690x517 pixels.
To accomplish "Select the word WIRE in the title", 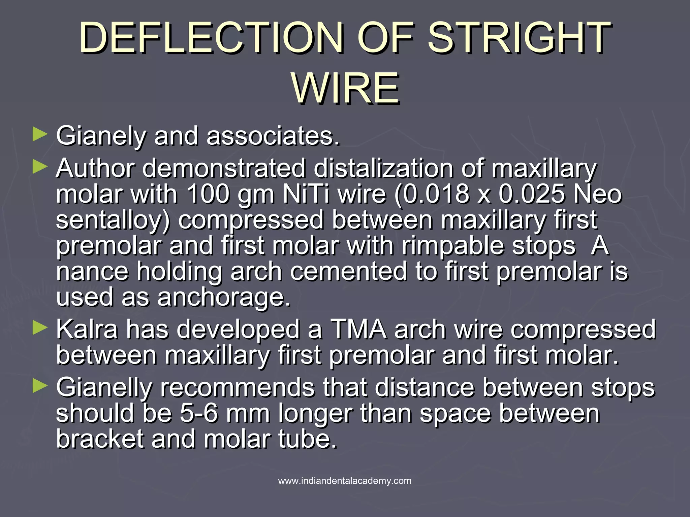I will pos(345,89).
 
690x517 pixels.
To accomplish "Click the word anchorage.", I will pos(224,297).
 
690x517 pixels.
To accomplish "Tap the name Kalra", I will pos(87,330).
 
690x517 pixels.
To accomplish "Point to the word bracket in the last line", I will pos(100,439).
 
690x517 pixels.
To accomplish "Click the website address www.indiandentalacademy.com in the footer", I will pos(345,481).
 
